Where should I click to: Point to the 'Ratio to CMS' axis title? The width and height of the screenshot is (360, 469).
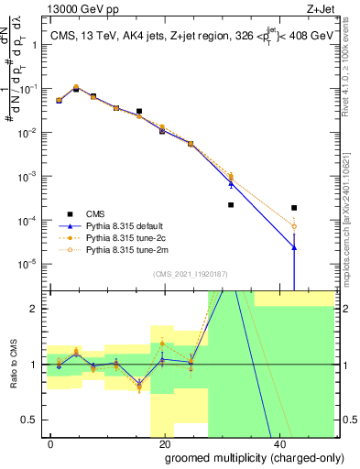pyautogui.click(x=16, y=364)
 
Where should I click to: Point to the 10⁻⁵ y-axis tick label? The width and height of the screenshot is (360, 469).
pyautogui.click(x=30, y=264)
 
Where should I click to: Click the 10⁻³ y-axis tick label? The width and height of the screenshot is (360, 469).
pyautogui.click(x=30, y=176)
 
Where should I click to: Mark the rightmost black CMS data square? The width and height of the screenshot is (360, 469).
pyautogui.click(x=294, y=208)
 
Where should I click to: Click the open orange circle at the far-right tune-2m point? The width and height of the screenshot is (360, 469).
pyautogui.click(x=294, y=226)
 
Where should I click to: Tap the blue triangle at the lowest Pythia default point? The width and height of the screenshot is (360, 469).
pyautogui.click(x=294, y=246)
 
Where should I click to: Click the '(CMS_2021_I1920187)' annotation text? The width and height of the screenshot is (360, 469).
pyautogui.click(x=191, y=274)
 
